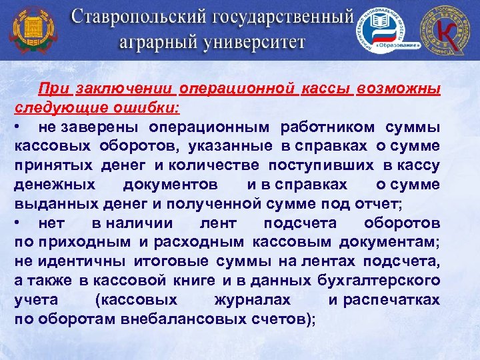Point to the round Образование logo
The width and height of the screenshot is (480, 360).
tap(387, 31)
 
